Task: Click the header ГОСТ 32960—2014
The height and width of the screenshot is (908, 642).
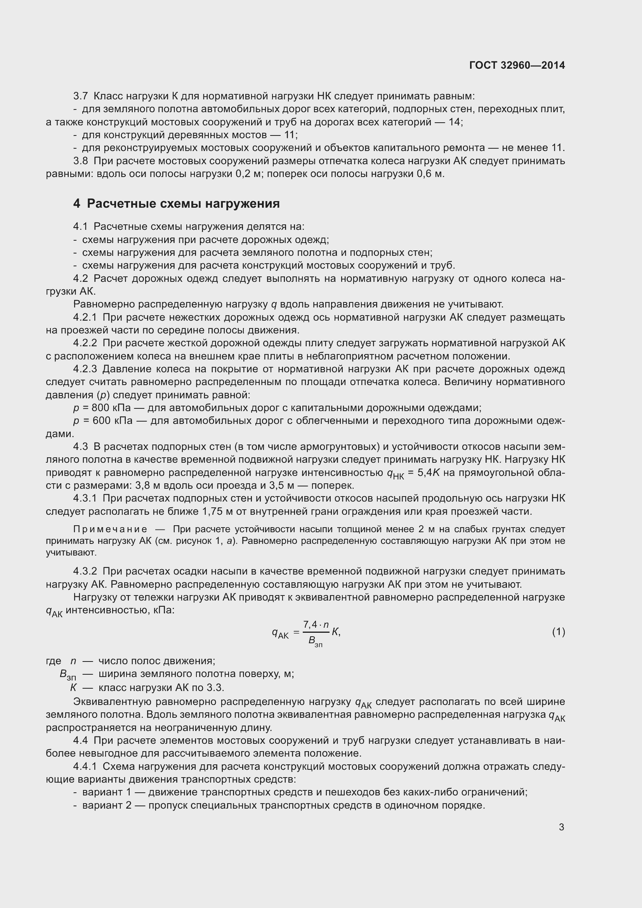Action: [517, 65]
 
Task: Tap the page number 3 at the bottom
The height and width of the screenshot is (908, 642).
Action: [561, 827]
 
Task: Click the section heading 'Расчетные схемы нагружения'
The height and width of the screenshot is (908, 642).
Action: [183, 204]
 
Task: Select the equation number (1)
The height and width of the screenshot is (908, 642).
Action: [558, 632]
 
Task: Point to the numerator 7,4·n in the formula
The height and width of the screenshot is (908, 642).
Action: [316, 625]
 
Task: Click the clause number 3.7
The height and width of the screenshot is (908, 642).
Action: [81, 96]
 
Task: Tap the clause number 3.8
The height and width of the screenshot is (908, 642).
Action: [81, 161]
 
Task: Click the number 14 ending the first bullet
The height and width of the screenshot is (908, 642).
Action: [455, 122]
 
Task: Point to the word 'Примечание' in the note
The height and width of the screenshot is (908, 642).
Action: [110, 529]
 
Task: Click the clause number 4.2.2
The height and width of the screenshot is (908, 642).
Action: [85, 343]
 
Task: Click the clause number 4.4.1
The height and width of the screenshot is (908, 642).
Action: [85, 766]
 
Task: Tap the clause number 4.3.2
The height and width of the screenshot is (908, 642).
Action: [85, 571]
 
